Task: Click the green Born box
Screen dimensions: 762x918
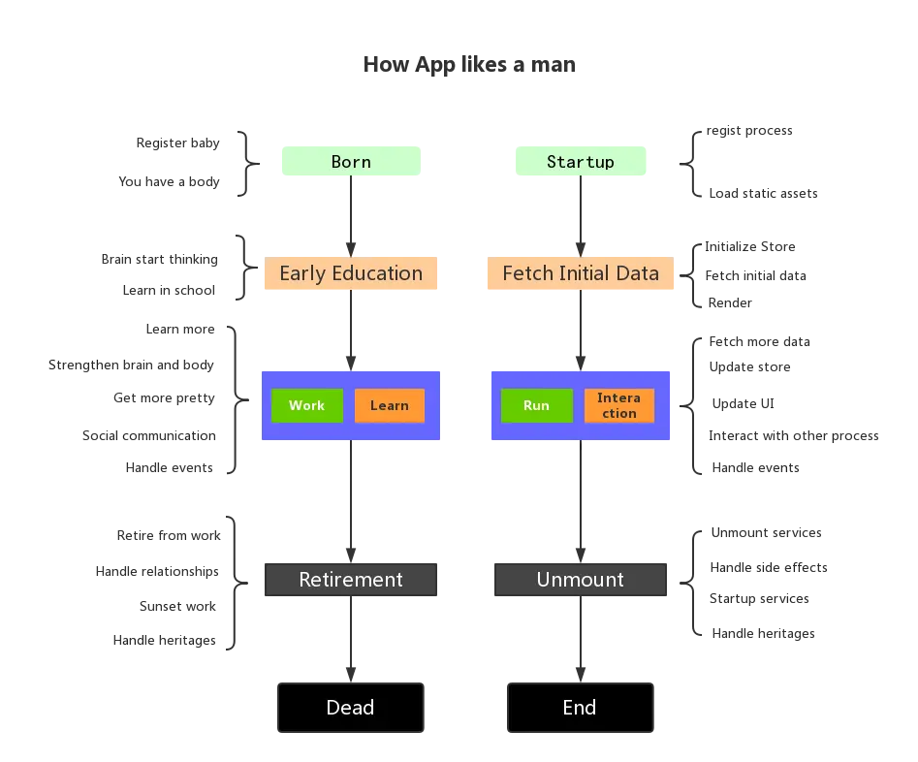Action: coord(352,160)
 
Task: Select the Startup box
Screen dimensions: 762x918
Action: coord(581,160)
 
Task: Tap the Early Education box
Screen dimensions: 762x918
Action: coord(351,274)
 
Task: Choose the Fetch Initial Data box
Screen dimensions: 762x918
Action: coord(581,274)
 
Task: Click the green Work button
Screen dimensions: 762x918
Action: coord(306,405)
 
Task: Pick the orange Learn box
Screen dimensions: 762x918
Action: coord(389,405)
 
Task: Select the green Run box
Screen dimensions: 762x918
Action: coord(536,405)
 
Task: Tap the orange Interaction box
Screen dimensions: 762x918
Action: coord(618,405)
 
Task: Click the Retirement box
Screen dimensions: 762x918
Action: coord(351,580)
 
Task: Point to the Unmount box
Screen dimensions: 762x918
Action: coord(581,580)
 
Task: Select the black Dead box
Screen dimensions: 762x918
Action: coord(351,708)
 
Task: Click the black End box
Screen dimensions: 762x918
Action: coord(580,708)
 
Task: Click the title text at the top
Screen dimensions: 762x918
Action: coord(472,66)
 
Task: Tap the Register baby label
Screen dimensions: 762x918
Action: coord(179,143)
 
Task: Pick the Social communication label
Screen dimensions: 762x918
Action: coord(149,435)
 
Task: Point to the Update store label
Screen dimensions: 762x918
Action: coord(748,367)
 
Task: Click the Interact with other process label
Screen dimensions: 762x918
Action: coord(793,435)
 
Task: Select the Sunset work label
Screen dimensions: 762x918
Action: coord(178,606)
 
